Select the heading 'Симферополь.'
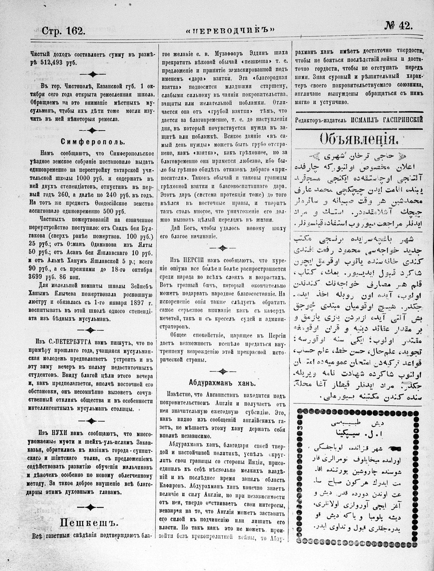point(93,142)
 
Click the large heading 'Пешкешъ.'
point(90,523)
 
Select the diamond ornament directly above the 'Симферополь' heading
point(91,130)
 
